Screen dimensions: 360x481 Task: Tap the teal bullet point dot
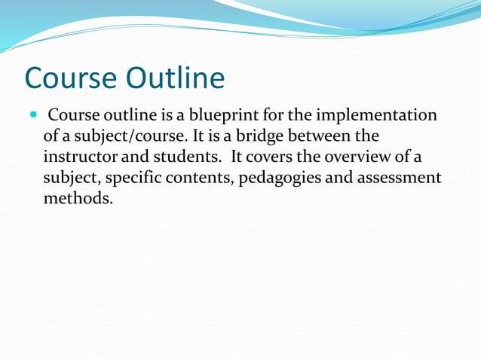[x=32, y=117]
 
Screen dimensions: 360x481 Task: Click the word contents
[x=191, y=179]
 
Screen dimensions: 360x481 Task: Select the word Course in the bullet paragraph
[x=71, y=116]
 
